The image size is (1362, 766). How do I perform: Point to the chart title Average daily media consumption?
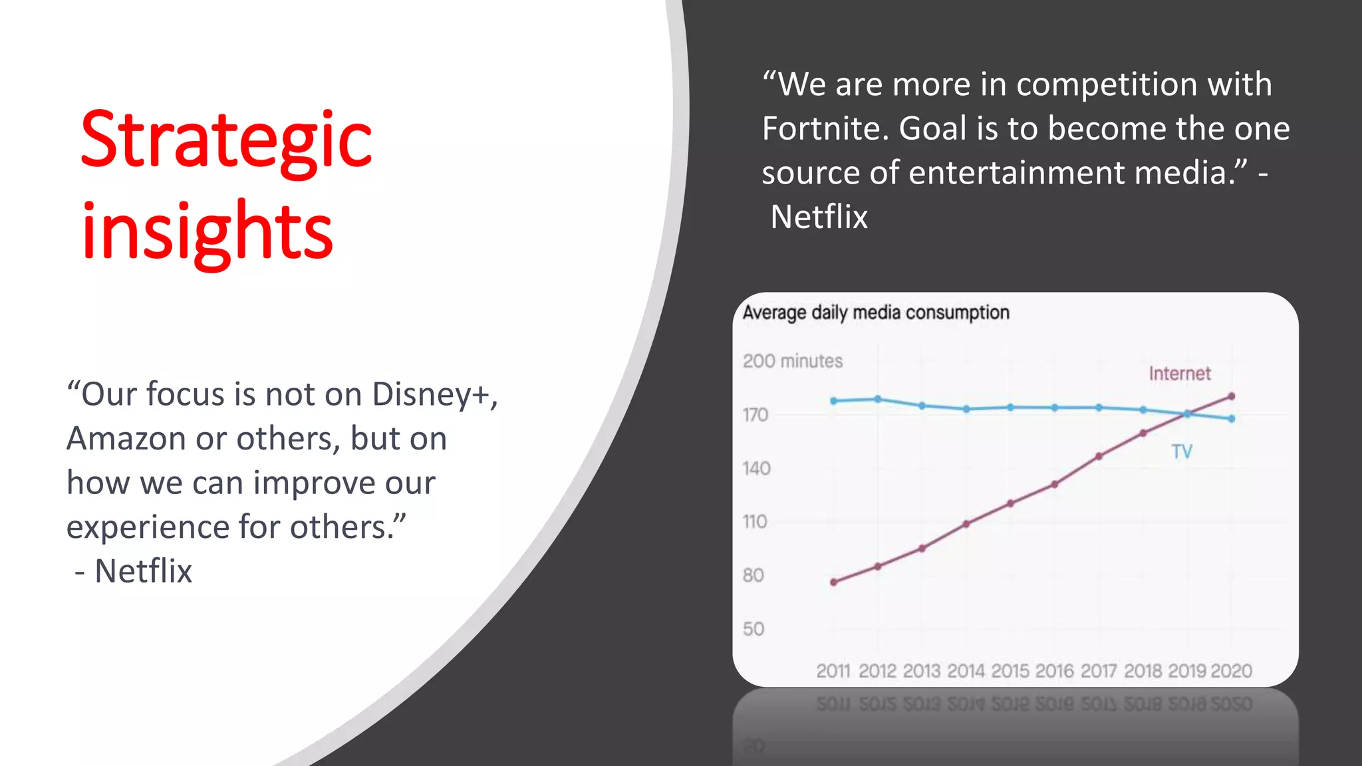click(876, 313)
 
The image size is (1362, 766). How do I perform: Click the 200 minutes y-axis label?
click(793, 361)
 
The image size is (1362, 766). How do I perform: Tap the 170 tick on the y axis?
click(755, 415)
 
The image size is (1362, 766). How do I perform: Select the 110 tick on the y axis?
click(755, 522)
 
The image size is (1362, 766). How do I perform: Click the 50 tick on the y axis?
click(753, 629)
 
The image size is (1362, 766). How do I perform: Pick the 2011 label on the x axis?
click(833, 671)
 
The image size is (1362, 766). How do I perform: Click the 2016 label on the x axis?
click(1054, 671)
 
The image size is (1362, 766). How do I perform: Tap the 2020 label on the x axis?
click(1232, 671)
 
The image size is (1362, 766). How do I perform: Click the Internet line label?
click(1180, 374)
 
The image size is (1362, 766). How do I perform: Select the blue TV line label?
click(1182, 452)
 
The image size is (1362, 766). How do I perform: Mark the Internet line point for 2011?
click(834, 582)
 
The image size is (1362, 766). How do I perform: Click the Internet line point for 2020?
click(1231, 396)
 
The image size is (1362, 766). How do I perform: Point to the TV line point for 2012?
click(878, 399)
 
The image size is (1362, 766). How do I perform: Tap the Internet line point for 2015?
click(1010, 503)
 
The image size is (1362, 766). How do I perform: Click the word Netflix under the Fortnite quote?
click(819, 217)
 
